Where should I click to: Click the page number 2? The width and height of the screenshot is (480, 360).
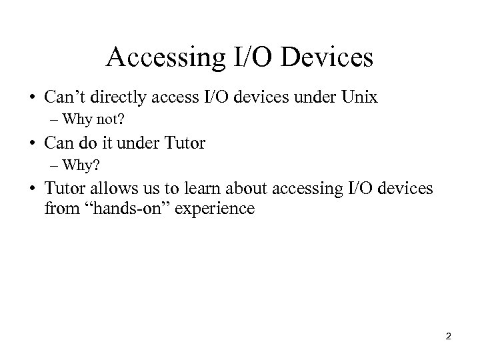pyautogui.click(x=448, y=337)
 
